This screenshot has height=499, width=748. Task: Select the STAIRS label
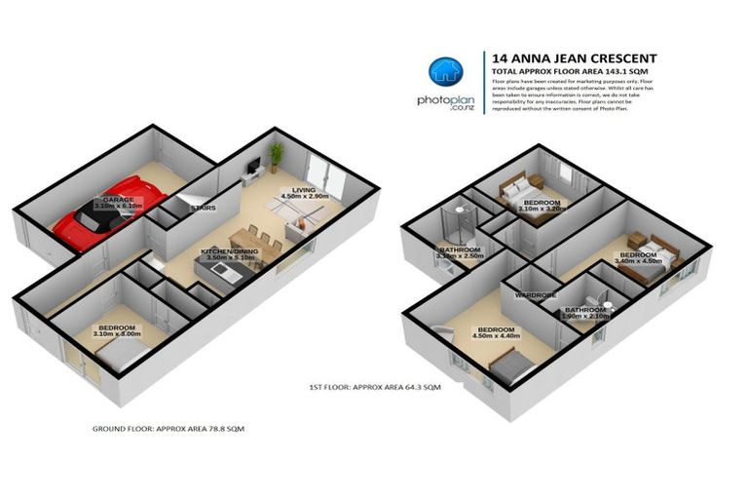(x=202, y=208)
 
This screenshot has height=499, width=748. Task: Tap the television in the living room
(x=251, y=168)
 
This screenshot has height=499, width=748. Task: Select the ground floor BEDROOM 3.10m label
(x=116, y=330)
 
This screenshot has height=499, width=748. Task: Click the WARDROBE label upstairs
(x=535, y=293)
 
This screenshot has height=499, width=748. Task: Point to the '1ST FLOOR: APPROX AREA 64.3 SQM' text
(x=374, y=387)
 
